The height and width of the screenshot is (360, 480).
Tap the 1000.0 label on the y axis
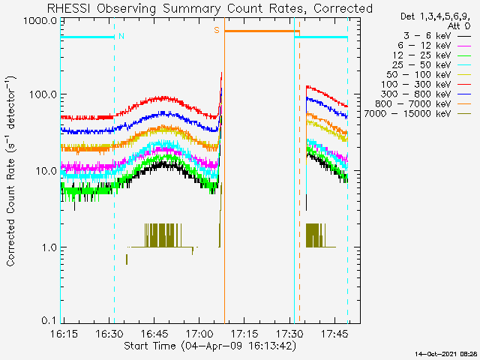click(40, 21)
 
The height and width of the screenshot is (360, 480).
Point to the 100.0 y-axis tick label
click(43, 94)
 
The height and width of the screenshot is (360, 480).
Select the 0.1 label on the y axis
click(49, 320)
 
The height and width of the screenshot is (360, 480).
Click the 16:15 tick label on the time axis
click(64, 333)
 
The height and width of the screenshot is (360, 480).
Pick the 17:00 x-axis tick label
click(199, 333)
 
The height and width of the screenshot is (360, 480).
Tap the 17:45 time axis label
click(335, 333)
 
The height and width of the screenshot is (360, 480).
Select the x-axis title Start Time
click(150, 346)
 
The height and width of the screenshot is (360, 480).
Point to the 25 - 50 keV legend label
click(421, 65)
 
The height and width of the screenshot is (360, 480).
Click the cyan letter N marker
click(121, 36)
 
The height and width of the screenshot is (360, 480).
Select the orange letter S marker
click(217, 30)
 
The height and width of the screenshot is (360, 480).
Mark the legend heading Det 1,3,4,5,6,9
click(435, 16)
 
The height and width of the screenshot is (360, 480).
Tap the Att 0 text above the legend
click(459, 26)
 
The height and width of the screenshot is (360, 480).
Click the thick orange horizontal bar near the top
click(262, 31)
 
